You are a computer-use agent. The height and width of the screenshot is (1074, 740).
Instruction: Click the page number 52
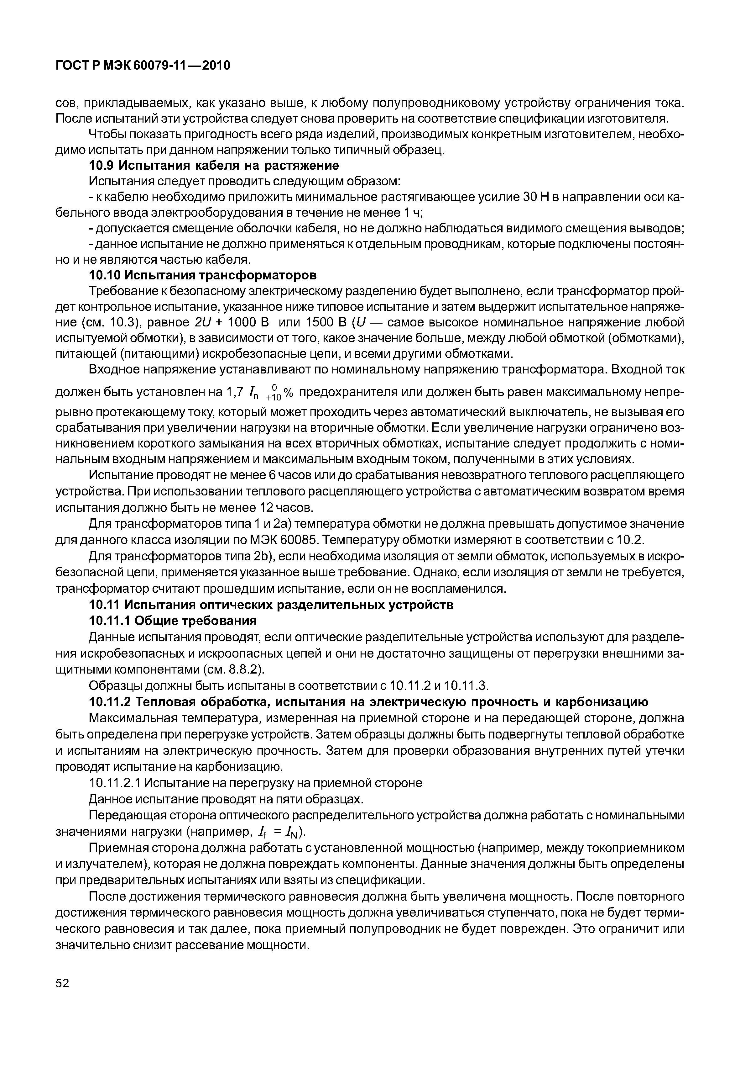(x=62, y=997)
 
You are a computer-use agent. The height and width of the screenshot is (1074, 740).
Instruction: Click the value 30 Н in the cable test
(x=535, y=197)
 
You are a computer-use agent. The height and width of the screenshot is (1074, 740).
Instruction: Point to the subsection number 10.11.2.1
(x=115, y=783)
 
